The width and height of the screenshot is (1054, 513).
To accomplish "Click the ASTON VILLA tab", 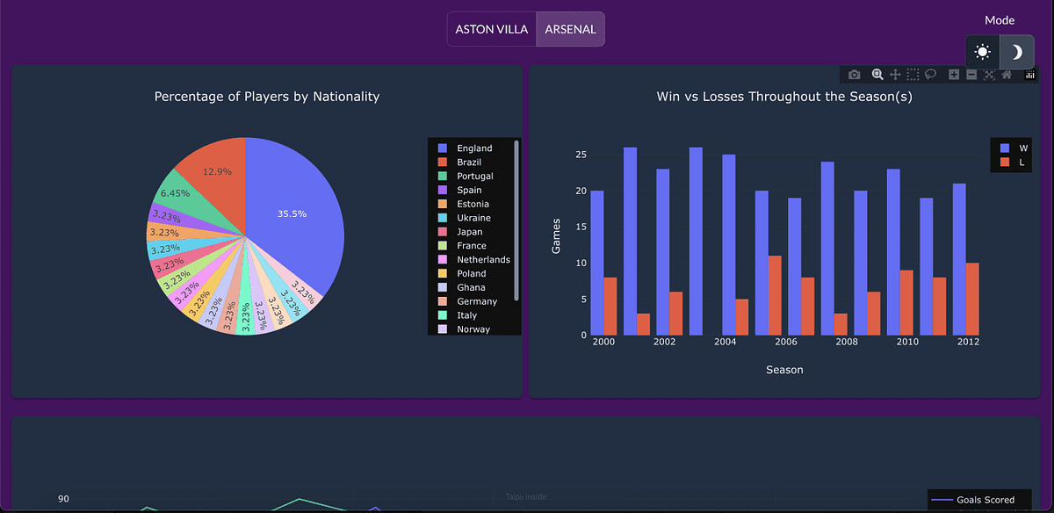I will pyautogui.click(x=492, y=29).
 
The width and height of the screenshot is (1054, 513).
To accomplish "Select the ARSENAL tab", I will pyautogui.click(x=570, y=29).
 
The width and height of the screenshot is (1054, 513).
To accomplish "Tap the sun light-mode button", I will pyautogui.click(x=982, y=52).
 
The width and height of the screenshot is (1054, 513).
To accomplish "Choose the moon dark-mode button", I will pyautogui.click(x=1016, y=52).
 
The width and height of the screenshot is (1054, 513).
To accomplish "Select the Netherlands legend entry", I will pyautogui.click(x=483, y=260).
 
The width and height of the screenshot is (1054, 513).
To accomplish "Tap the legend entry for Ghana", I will pyautogui.click(x=471, y=287).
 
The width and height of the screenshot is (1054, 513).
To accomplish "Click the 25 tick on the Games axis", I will pyautogui.click(x=581, y=155).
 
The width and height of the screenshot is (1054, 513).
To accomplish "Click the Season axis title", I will pyautogui.click(x=784, y=370).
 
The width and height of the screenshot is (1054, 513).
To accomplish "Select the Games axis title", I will pyautogui.click(x=556, y=235).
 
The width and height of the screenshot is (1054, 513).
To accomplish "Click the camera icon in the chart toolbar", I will pyautogui.click(x=855, y=75).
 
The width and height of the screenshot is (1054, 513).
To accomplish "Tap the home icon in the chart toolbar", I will pyautogui.click(x=1007, y=75).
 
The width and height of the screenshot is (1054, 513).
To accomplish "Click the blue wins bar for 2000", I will pyautogui.click(x=597, y=263).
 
